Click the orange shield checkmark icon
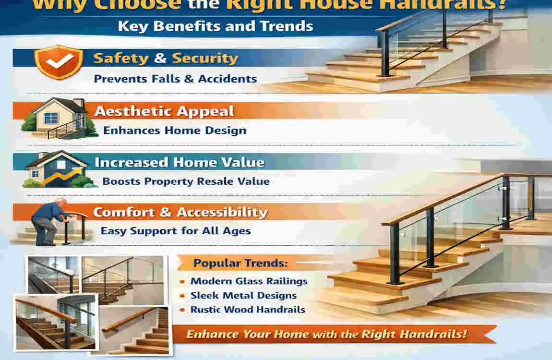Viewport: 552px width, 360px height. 59,61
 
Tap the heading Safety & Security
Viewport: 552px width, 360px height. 166,59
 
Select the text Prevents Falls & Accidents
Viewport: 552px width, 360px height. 175,79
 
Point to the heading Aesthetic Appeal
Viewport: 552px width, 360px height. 164,111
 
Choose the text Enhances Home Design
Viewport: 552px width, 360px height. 175,130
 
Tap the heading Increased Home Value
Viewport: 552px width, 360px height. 179,162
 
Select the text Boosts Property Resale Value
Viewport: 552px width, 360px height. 186,181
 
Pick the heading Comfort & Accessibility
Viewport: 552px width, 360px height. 180,212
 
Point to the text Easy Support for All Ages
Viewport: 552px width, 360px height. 175,231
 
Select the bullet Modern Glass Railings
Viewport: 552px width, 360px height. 249,281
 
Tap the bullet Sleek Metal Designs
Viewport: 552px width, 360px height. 243,296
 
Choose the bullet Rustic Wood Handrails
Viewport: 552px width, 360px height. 248,310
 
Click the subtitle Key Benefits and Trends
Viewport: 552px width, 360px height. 216,25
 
